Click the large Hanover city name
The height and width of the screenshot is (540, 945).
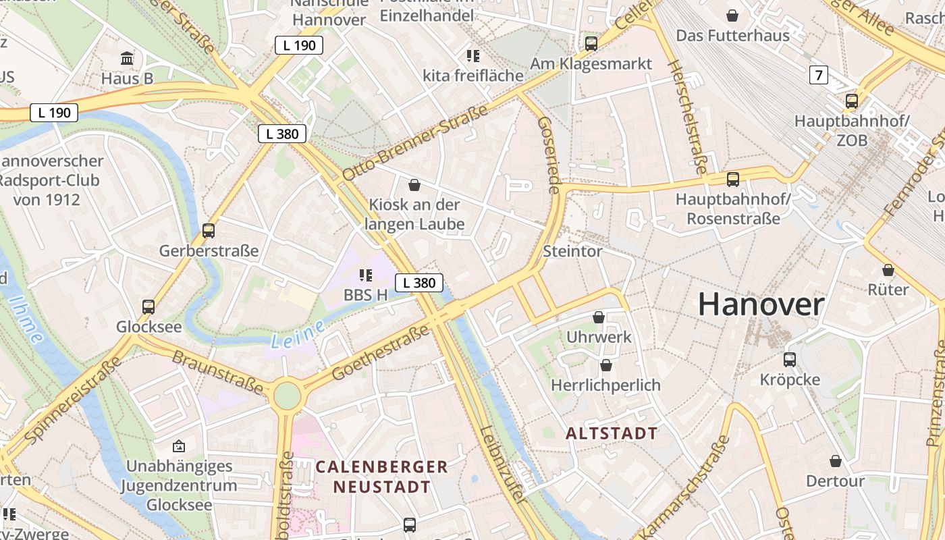pyautogui.click(x=761, y=305)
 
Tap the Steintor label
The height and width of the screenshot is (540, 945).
pyautogui.click(x=572, y=252)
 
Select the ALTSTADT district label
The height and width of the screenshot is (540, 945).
pyautogui.click(x=611, y=433)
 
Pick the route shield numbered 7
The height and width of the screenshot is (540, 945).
pyautogui.click(x=819, y=75)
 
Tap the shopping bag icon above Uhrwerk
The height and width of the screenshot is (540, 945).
pyautogui.click(x=598, y=317)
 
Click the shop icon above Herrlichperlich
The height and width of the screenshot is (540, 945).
pyautogui.click(x=605, y=366)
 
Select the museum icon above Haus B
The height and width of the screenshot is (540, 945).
pyautogui.click(x=127, y=59)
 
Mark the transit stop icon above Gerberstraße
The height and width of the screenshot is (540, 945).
pyautogui.click(x=209, y=231)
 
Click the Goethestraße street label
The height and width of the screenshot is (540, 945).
pyautogui.click(x=381, y=352)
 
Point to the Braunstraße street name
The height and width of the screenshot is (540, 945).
pyautogui.click(x=217, y=371)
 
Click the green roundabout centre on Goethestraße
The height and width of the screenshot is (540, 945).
pyautogui.click(x=287, y=395)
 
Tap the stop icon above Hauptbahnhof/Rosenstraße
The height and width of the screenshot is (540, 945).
pyautogui.click(x=733, y=180)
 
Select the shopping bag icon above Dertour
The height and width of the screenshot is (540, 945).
pyautogui.click(x=836, y=461)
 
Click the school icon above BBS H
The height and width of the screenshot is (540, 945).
pyautogui.click(x=366, y=275)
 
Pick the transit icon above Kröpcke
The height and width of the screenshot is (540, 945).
pyautogui.click(x=790, y=360)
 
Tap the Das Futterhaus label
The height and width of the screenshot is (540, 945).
pyautogui.click(x=732, y=35)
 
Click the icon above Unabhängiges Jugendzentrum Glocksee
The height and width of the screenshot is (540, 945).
pyautogui.click(x=179, y=446)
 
